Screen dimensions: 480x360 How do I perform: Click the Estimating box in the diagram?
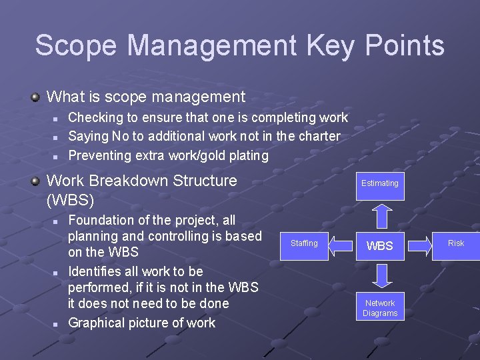(x=380, y=183)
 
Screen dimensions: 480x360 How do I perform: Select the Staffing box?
(x=304, y=243)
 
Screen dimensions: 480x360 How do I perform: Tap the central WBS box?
(x=380, y=245)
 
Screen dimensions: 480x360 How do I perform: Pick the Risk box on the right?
(x=456, y=243)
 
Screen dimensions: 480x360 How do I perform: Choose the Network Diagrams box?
(x=380, y=308)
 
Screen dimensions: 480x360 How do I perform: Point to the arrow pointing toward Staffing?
(x=340, y=245)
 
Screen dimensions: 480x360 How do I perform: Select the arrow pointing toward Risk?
(x=420, y=245)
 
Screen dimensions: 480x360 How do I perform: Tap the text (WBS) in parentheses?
(x=71, y=199)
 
